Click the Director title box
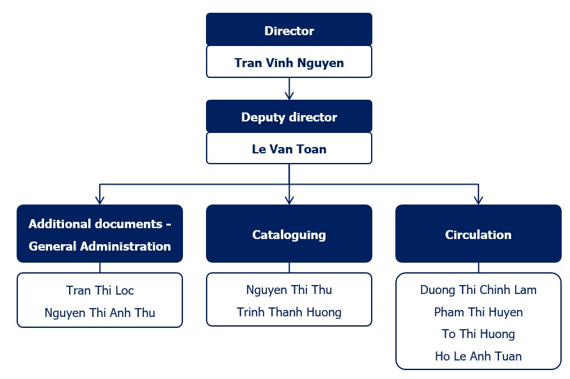point(289,29)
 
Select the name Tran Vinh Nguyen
point(289,63)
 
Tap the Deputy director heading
point(289,117)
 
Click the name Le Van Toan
point(289,149)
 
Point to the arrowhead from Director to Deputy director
point(289,95)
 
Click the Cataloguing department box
point(289,233)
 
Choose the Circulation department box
point(479,233)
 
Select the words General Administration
point(100,246)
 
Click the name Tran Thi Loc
point(100,290)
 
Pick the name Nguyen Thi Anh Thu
point(100,313)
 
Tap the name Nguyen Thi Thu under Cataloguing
point(289,290)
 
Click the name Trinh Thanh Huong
point(289,312)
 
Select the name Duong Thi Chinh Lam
point(479,290)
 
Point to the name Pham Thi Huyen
point(479,312)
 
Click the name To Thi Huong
point(479,334)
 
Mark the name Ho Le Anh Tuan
point(479,356)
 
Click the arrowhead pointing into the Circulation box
point(479,200)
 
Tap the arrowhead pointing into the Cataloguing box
point(289,200)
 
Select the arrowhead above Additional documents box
point(100,200)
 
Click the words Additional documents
point(95,224)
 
